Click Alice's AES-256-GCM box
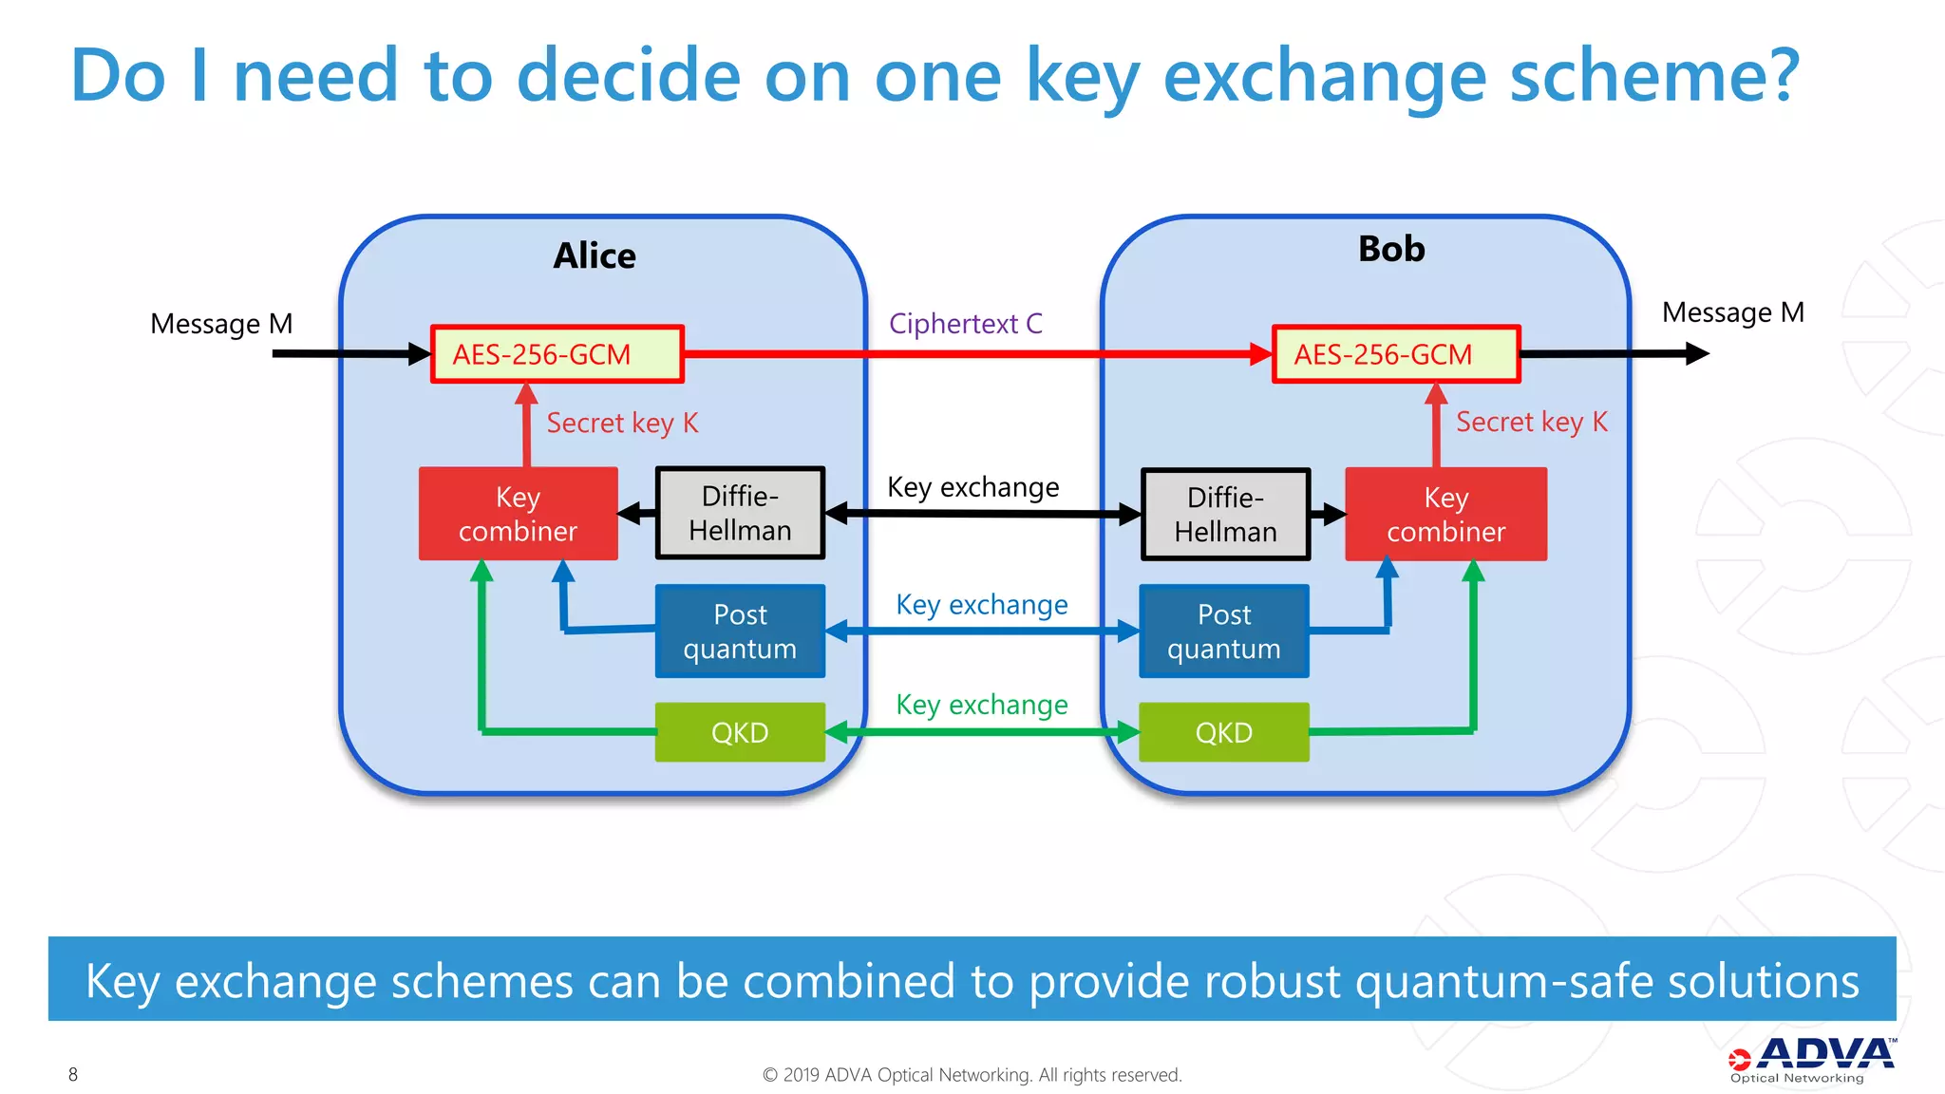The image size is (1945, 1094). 557,354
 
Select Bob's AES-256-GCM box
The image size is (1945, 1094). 1396,354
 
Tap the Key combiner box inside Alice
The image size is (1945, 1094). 518,514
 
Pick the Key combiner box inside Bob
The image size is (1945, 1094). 1445,514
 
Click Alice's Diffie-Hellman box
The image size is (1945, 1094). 740,513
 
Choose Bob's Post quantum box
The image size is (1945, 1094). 1223,631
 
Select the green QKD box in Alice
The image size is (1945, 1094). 740,732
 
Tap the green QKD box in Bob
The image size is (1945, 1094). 1223,732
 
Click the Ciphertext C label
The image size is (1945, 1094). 965,324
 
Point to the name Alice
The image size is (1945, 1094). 595,255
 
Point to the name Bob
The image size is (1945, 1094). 1391,249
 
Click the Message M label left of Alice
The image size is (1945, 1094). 221,324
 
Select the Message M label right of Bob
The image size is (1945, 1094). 1732,312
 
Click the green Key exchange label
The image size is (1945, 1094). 981,705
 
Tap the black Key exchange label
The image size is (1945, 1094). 972,487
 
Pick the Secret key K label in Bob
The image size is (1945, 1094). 1531,422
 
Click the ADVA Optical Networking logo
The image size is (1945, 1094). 1811,1059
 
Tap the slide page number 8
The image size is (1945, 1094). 73,1074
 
